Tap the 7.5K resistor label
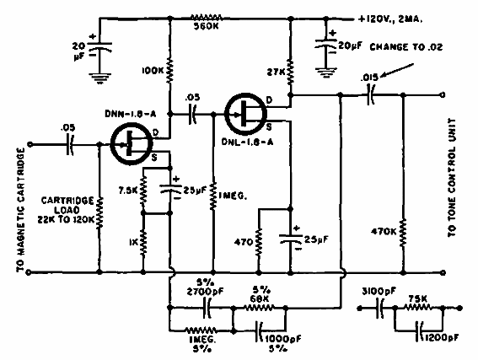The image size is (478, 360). [x=129, y=190]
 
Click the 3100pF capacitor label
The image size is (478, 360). [x=374, y=291]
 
